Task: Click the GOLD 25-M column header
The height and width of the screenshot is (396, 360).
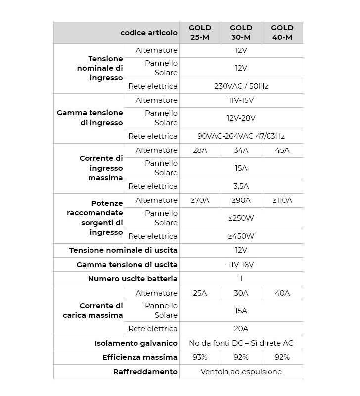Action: coord(200,32)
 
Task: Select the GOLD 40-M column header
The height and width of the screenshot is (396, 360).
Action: coord(282,32)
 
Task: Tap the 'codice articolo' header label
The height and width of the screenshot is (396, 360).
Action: coord(148,33)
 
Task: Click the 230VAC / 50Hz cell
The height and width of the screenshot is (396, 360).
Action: coord(241,86)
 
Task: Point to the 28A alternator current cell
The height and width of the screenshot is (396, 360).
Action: coord(200,150)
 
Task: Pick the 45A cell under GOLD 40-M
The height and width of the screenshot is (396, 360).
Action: coord(282,150)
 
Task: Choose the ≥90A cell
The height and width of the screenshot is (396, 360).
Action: coord(241,200)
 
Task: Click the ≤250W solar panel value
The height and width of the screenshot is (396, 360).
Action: coord(241,218)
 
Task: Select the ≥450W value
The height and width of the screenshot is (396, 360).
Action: coord(241,236)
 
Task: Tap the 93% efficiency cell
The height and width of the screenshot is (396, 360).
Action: coord(200,357)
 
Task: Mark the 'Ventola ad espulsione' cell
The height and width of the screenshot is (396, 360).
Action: coord(241,372)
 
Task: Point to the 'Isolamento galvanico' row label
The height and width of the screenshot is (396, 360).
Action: coord(136,343)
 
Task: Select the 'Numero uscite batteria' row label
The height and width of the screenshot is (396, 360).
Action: coord(133,279)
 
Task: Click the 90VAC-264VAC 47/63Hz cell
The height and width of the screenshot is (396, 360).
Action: coord(241,136)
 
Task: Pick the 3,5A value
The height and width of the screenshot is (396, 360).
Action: coord(241,186)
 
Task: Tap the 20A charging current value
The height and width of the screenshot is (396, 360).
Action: coord(241,329)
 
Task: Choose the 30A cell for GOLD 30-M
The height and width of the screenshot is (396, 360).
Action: coord(241,293)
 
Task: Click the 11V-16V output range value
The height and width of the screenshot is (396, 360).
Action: coord(241,265)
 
